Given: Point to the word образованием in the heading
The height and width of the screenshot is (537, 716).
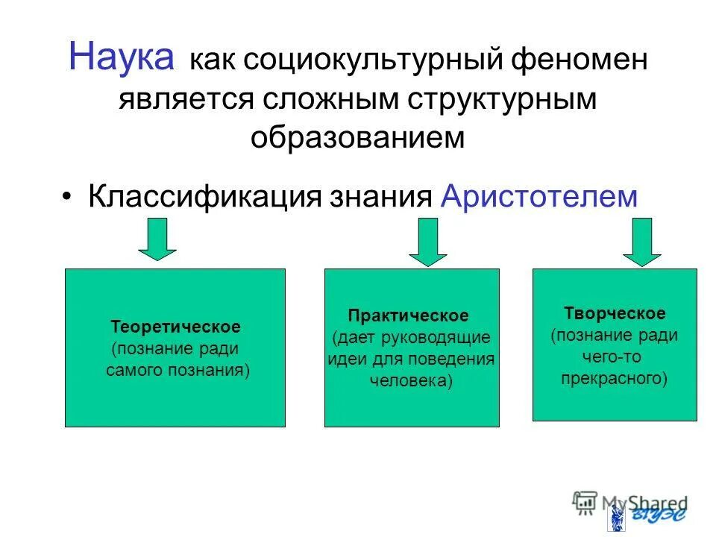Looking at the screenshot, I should (357, 137).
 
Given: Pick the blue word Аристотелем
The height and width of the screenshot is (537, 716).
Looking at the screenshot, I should (539, 197).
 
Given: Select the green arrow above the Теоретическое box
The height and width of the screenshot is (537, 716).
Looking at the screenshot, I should (157, 239).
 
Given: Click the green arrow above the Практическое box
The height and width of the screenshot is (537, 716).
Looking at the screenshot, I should (427, 241).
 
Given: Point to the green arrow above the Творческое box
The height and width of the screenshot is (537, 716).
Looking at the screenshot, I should (641, 241).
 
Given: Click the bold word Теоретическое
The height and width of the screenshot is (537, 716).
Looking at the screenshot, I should (175, 327).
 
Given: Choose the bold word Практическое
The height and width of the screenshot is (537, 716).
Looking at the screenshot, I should (409, 315).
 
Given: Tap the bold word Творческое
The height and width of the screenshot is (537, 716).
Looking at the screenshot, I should (614, 313).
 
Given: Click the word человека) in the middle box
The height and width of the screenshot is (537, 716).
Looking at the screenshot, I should (411, 380).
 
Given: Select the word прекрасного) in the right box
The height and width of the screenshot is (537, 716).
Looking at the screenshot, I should (614, 378).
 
